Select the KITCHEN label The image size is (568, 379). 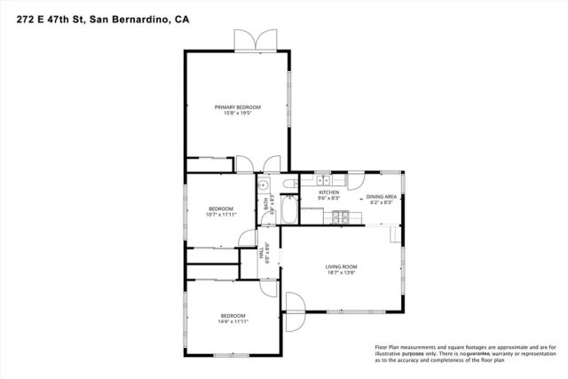coord(329,192)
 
